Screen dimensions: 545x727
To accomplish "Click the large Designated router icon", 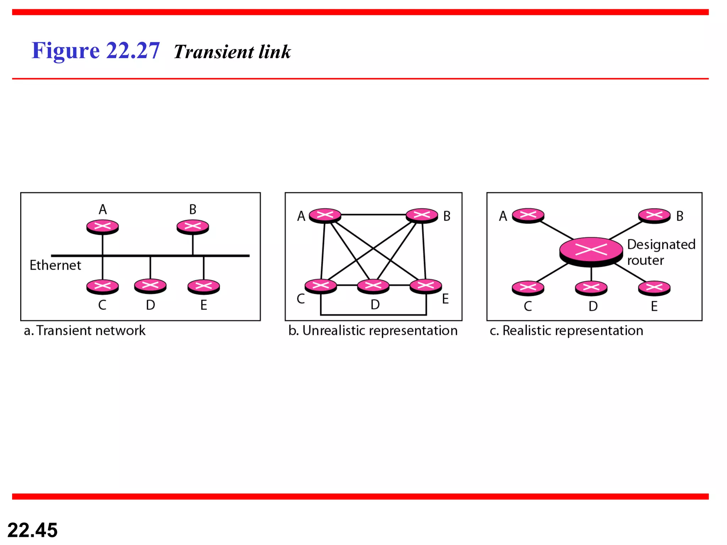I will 591,251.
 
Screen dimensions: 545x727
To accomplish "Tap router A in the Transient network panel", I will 103,227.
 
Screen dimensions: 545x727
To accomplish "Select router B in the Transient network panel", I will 193,227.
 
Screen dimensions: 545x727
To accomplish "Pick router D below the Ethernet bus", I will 150,286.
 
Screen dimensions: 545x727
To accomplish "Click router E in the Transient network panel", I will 204,287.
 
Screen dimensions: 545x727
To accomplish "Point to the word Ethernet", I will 55,265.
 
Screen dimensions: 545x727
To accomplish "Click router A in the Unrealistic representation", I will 325,215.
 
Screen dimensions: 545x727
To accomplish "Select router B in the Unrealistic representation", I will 422,215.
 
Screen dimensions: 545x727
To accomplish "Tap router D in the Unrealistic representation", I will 373,286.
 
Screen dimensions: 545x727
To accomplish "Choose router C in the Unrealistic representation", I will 321,286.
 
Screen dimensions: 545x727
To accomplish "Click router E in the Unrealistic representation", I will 426,286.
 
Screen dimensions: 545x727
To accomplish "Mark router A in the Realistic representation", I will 528,215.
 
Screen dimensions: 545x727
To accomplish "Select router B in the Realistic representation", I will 654,215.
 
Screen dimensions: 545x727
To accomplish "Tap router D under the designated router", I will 591,288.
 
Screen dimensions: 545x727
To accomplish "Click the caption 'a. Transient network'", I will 84,331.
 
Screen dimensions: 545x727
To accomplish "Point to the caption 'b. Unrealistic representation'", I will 373,331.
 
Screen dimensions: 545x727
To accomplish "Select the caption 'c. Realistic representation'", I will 566,331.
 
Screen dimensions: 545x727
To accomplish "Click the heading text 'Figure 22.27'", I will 95,50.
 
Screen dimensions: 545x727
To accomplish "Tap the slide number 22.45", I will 32,530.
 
